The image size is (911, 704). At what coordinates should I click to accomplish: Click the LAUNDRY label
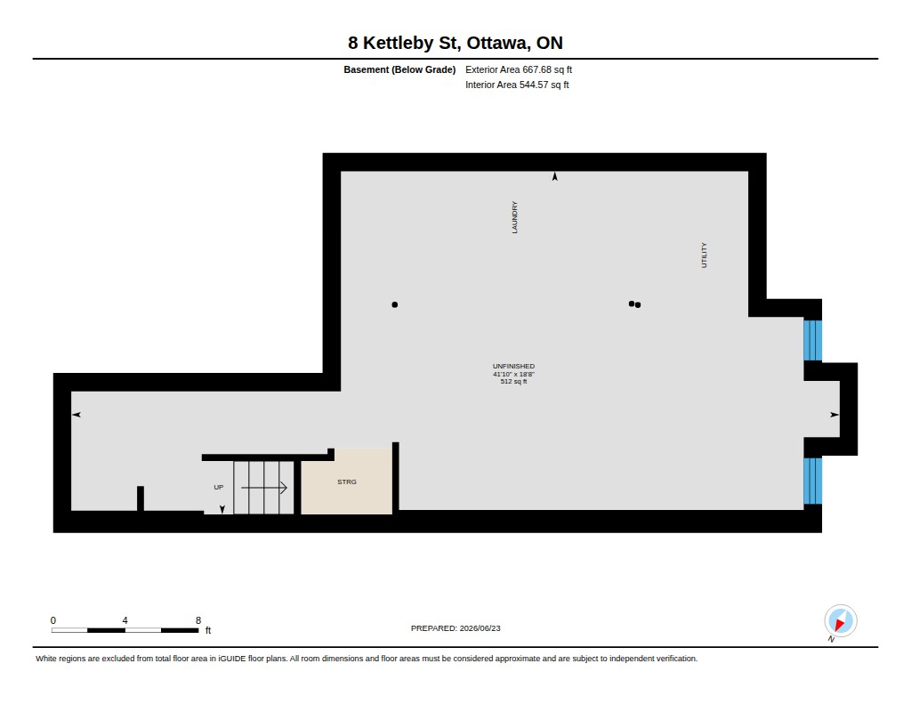point(514,217)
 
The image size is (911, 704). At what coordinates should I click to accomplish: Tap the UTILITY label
point(705,255)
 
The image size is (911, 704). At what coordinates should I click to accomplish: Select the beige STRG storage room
point(347,481)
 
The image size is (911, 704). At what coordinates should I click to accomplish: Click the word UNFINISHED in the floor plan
point(513,367)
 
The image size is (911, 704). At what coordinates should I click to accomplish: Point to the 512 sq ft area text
point(513,381)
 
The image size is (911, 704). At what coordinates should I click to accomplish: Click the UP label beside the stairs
point(219,487)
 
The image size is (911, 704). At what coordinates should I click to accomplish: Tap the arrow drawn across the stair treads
point(264,488)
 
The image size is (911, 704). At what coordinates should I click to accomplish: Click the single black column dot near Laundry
point(395,304)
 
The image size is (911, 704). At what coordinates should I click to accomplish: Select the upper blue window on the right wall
point(813,340)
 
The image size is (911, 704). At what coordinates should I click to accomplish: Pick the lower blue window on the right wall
point(813,481)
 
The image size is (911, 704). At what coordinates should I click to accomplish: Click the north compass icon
point(840,621)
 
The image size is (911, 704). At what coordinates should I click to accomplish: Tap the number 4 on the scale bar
point(125,620)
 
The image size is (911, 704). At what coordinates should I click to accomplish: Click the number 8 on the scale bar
point(198,620)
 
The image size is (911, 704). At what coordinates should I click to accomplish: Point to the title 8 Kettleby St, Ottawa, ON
point(455,43)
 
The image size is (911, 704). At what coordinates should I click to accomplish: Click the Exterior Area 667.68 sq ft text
point(519,69)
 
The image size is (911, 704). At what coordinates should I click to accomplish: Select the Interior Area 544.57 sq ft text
point(517,85)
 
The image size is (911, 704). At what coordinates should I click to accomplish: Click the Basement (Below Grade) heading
point(399,69)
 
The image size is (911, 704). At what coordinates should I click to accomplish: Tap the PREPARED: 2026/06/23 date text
point(455,628)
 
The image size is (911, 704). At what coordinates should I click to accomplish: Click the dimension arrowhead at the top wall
point(555,176)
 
